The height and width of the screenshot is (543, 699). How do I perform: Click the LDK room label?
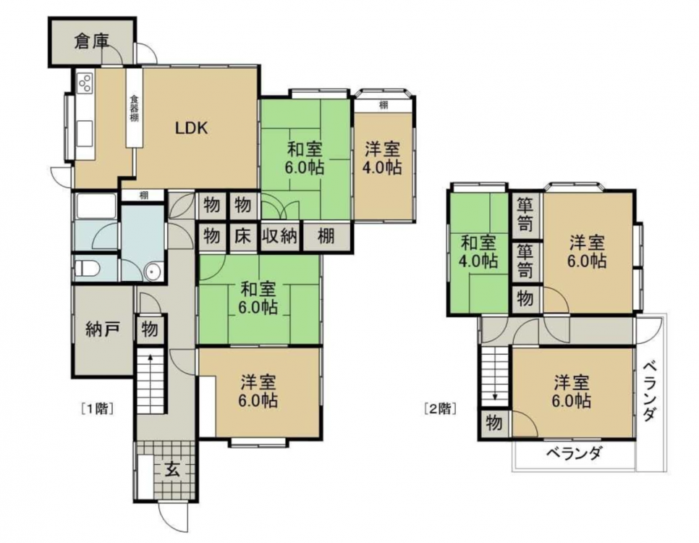[x=191, y=128]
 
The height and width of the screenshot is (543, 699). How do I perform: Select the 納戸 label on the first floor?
[x=103, y=329]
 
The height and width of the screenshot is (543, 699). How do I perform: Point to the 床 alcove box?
[x=243, y=235]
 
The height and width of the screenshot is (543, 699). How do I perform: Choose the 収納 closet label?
[x=279, y=235]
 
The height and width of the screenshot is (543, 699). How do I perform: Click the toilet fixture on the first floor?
[x=87, y=269]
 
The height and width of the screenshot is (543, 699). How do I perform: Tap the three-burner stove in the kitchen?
[x=85, y=83]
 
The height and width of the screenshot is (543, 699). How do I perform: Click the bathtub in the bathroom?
[x=96, y=206]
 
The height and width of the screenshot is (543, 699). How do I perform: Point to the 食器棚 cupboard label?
[x=134, y=108]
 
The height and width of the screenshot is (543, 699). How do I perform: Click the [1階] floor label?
[x=97, y=409]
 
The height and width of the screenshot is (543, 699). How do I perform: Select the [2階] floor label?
[x=440, y=409]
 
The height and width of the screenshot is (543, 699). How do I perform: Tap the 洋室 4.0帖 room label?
[x=383, y=158]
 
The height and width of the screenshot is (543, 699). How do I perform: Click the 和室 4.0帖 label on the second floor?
[x=478, y=252]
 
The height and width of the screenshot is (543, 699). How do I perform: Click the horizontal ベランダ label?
[x=575, y=453]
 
